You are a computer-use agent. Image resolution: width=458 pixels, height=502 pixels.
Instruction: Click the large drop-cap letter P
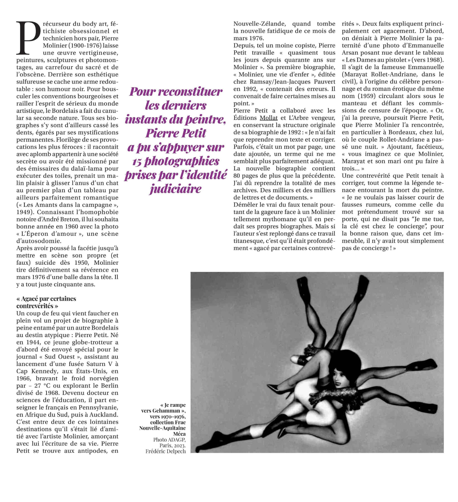pos(28,38)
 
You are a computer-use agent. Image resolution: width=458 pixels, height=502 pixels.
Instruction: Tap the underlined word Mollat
pos(268,118)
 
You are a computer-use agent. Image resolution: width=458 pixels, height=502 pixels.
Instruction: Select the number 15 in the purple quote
pos(137,162)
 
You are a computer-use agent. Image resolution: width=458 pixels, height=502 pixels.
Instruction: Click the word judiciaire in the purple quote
pos(176,189)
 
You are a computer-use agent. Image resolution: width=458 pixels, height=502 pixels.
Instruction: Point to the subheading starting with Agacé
pos(46,302)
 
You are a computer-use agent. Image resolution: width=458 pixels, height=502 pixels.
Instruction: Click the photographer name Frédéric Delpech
pos(166,451)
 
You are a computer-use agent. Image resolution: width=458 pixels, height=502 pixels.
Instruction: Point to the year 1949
pos(25,212)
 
